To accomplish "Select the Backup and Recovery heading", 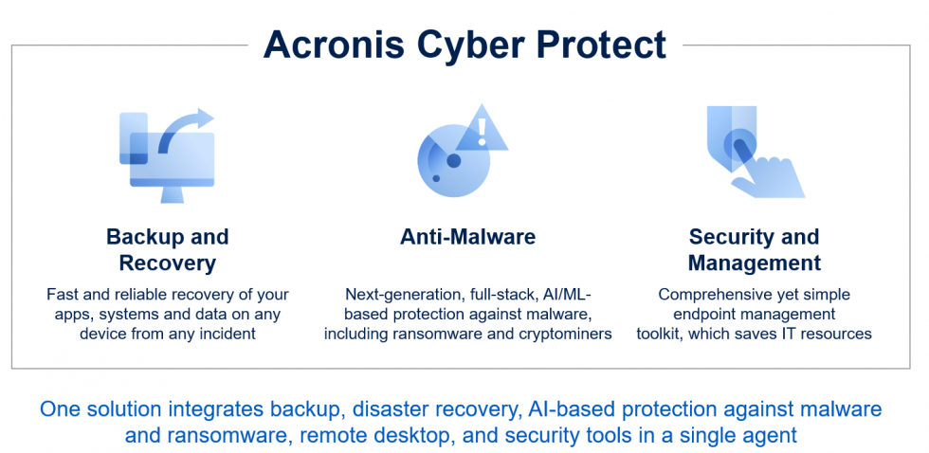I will point(168,250).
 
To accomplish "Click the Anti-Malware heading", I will point(468,237).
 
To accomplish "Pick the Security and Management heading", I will point(755,250).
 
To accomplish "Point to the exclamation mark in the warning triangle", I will point(483,132).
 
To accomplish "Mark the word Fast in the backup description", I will point(63,295).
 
